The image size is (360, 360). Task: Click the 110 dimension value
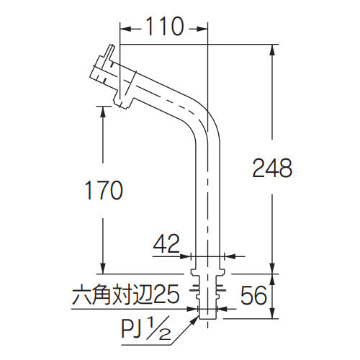coord(164,27)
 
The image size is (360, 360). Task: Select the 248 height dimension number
coord(272,168)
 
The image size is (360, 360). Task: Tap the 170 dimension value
coord(104,190)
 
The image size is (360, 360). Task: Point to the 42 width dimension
coord(166,243)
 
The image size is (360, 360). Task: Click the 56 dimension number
coord(253,295)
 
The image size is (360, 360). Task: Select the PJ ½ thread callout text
coord(146,330)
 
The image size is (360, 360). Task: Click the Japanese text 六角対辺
coord(112,294)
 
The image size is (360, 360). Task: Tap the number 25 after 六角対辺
coord(166,294)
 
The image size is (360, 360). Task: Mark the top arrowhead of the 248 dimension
coord(272,50)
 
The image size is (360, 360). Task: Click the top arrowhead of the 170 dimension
coord(103,112)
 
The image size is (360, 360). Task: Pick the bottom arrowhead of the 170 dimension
coord(103,268)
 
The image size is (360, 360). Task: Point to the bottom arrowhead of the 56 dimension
coord(272,312)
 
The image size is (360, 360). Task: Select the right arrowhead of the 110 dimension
coord(202,29)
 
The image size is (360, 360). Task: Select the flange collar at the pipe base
coord(207,273)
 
